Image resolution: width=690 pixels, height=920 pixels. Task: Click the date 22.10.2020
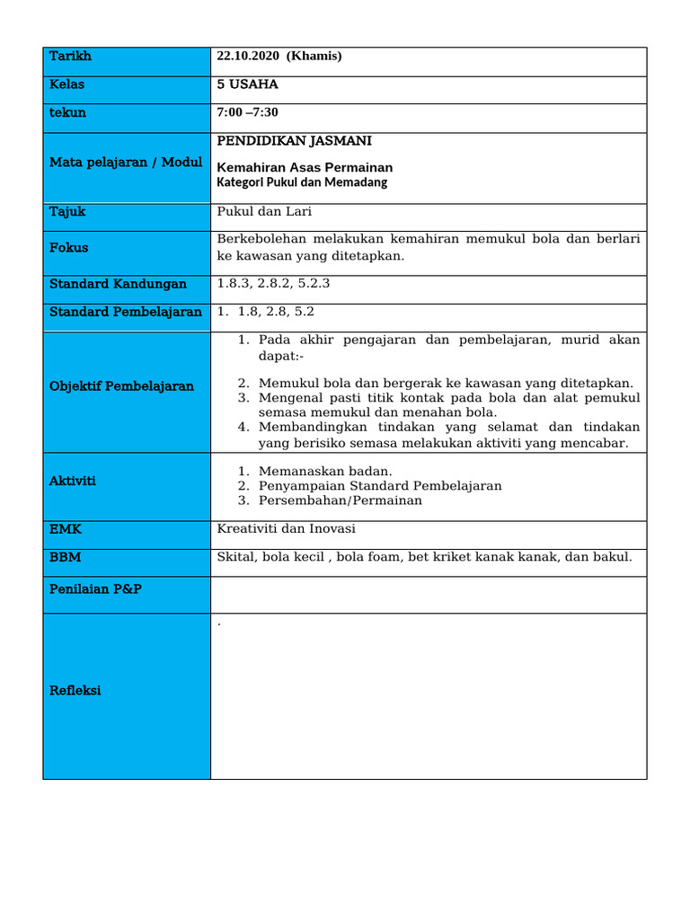click(x=248, y=57)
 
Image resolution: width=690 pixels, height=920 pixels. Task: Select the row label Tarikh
click(x=70, y=57)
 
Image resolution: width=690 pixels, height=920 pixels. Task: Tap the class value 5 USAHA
click(x=247, y=84)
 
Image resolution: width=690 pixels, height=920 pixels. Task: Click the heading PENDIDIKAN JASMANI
click(x=294, y=141)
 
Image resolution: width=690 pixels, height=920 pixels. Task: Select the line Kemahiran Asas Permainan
click(x=305, y=167)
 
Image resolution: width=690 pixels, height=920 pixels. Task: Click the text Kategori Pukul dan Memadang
click(x=302, y=182)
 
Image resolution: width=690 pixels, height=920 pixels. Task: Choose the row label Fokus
click(x=68, y=247)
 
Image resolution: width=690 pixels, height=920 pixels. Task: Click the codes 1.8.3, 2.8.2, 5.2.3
click(x=273, y=284)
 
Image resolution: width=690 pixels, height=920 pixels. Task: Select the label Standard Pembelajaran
click(x=125, y=312)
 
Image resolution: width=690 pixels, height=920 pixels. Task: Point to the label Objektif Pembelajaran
click(x=121, y=386)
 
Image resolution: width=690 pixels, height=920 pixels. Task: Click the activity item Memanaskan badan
click(x=325, y=472)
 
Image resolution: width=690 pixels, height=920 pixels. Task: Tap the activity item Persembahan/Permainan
click(x=340, y=500)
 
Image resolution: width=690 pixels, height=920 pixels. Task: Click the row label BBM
click(x=65, y=557)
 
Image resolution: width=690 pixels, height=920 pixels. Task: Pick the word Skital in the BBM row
click(x=235, y=557)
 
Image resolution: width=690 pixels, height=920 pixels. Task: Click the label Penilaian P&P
click(x=95, y=588)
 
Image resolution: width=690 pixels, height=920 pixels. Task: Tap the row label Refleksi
click(x=75, y=691)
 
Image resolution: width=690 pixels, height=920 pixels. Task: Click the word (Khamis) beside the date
click(x=314, y=57)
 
